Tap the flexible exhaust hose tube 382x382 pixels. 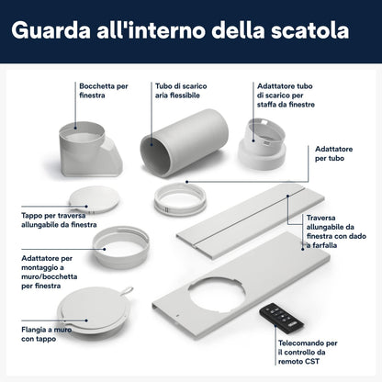point(185,142)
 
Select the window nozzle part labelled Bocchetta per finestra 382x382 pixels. point(90,149)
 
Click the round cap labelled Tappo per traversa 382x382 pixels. point(94,199)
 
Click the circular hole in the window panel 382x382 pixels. point(217,295)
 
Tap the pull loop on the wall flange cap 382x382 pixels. point(128,290)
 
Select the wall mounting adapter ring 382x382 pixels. point(121,246)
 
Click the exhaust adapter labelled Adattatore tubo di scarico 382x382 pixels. point(262,143)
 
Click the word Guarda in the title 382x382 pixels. point(51,30)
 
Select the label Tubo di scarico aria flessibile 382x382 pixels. point(181,91)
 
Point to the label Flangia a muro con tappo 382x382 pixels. point(47,334)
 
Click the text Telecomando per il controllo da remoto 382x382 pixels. point(308,352)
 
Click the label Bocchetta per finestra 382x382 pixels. point(104,91)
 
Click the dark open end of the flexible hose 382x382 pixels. point(155,155)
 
